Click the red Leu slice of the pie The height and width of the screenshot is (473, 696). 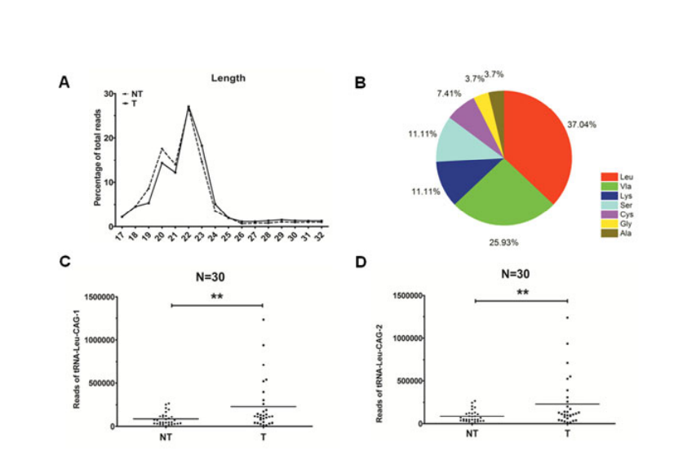pos(539,147)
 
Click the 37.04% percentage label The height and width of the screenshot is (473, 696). pos(582,125)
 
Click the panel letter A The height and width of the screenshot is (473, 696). pos(63,82)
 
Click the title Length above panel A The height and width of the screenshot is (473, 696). pos(228,78)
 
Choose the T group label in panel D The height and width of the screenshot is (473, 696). pos(568,434)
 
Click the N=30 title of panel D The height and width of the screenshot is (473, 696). pos(521,274)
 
